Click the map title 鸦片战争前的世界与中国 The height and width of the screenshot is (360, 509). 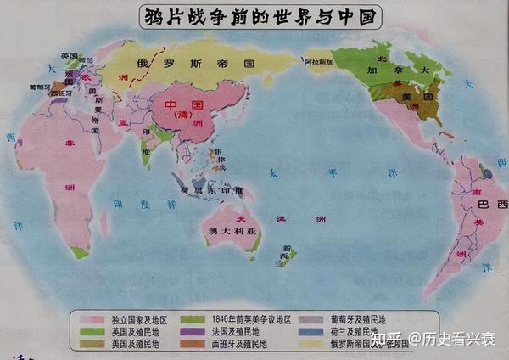[254, 16]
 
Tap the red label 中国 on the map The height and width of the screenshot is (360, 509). [165, 104]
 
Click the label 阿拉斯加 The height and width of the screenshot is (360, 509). [315, 62]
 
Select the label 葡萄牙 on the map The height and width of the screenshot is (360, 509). [38, 87]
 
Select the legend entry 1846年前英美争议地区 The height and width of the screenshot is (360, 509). [246, 318]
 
